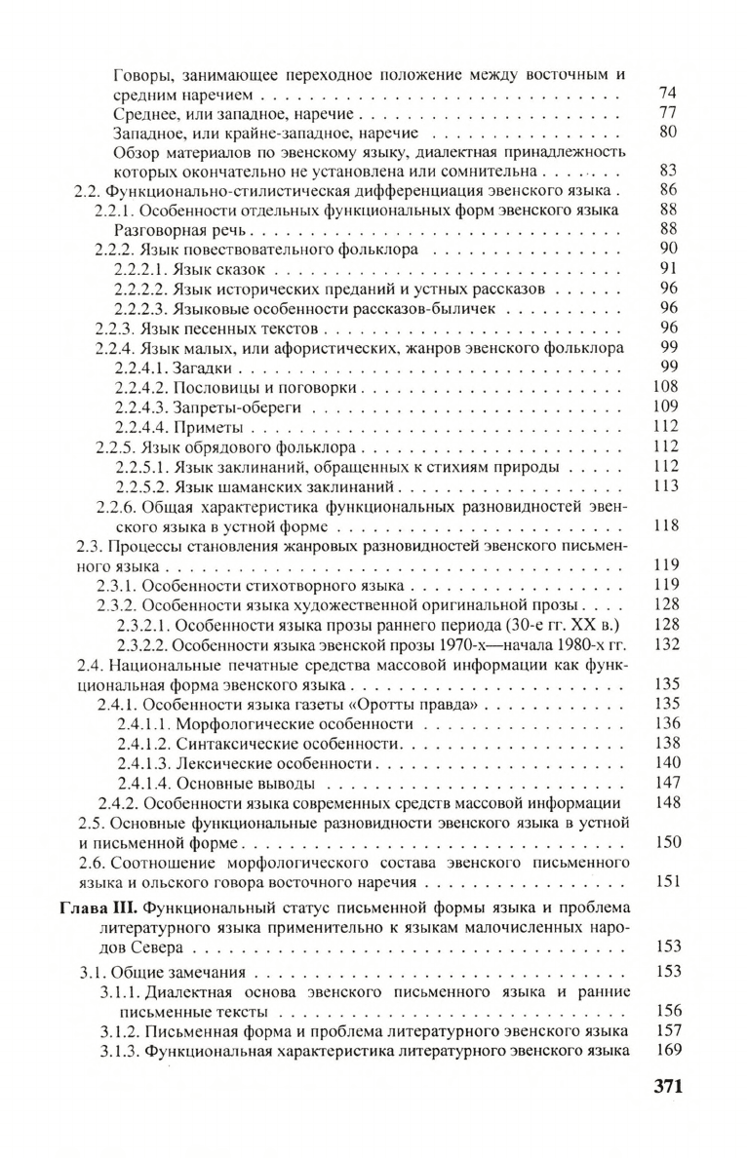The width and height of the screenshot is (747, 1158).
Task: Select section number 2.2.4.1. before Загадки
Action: coord(142,367)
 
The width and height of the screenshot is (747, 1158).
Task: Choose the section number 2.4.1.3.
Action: coord(144,763)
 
